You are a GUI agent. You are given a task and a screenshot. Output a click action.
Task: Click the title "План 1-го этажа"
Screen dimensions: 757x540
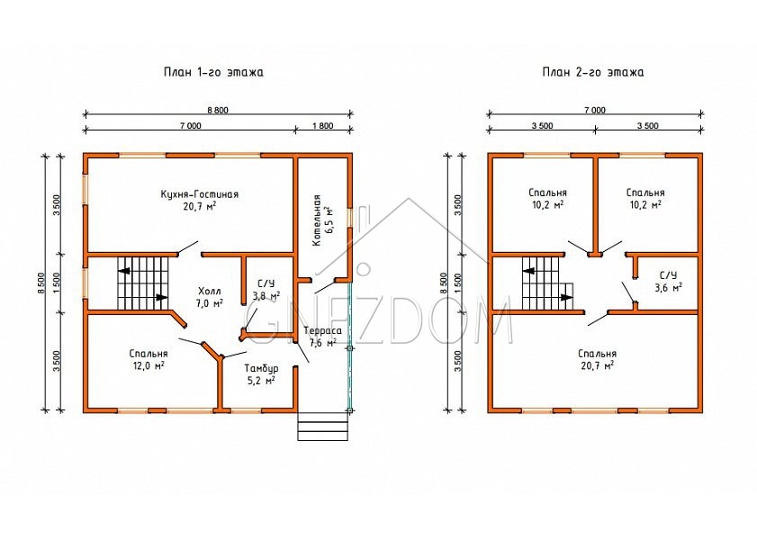pos(213,72)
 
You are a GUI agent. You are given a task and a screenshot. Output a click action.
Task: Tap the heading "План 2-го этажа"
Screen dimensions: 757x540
pos(593,72)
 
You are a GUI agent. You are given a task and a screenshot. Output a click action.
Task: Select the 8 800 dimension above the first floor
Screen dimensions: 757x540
pos(218,110)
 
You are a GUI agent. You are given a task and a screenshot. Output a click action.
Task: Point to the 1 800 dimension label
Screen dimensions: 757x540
pos(323,126)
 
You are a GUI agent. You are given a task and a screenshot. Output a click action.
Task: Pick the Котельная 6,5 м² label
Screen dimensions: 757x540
pos(321,220)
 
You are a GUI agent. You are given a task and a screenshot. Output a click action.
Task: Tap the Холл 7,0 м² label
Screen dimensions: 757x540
pos(210,297)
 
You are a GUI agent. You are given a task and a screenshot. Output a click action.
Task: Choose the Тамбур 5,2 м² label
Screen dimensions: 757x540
pos(261,374)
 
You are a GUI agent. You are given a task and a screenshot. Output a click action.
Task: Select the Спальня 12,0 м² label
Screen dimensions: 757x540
pos(149,359)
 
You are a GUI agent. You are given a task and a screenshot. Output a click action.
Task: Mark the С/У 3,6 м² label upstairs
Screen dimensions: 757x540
pos(668,282)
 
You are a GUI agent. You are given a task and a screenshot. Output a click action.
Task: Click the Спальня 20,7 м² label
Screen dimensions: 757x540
pos(598,359)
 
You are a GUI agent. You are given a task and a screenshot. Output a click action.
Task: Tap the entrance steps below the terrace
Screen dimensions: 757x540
pos(323,426)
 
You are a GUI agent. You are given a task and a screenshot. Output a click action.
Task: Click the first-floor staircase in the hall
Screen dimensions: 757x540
pos(143,283)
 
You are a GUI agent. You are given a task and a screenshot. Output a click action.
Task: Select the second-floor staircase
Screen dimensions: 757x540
pos(547,283)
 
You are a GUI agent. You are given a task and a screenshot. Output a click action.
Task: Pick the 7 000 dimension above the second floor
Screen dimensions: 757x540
pos(595,110)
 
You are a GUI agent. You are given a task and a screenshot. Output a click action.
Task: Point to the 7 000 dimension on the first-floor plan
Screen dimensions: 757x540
pos(191,126)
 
